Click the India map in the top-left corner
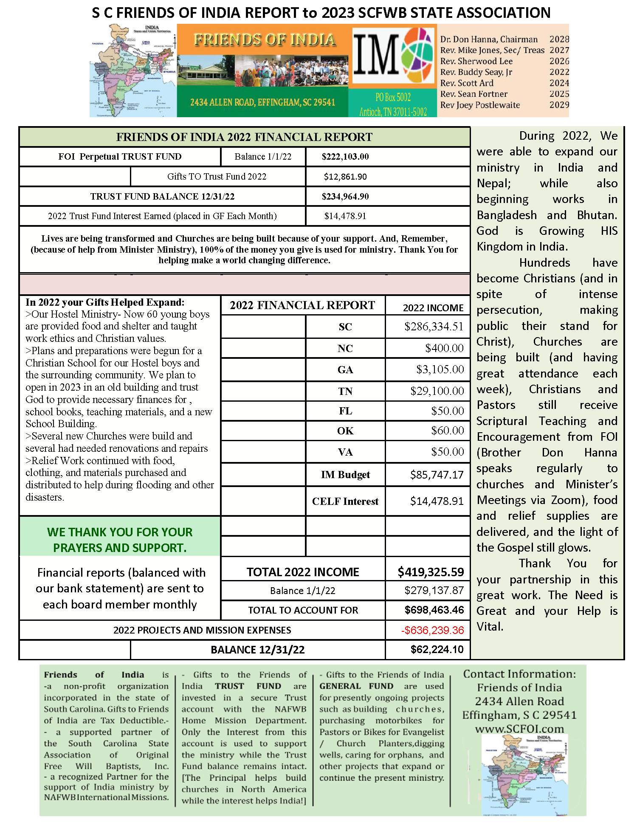133,70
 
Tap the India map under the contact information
525,774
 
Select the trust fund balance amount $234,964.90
345,197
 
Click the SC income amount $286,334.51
434,327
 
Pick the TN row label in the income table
345,391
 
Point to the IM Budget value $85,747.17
437,474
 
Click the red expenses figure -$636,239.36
432,630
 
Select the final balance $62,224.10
437,649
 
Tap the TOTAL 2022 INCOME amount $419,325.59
431,572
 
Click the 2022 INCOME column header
433,308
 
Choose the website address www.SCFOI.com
519,729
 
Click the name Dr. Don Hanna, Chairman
489,39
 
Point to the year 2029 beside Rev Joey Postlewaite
559,105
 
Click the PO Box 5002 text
393,97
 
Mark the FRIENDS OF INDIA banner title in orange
265,40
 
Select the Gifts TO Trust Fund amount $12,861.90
345,177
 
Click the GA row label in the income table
345,370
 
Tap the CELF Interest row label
345,501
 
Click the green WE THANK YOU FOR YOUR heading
120,532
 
